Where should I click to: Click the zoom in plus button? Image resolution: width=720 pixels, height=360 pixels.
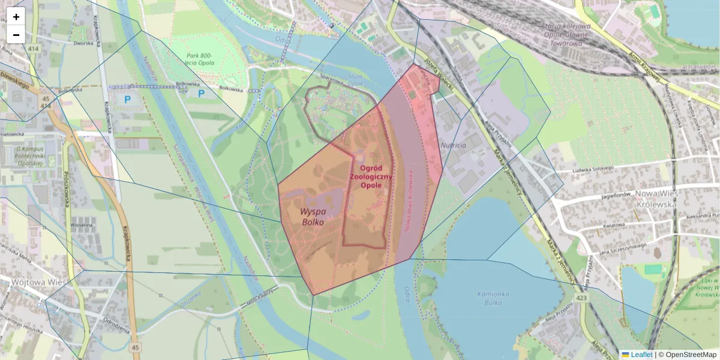pos(16,17)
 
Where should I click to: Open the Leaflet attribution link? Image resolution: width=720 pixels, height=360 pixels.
pos(641,355)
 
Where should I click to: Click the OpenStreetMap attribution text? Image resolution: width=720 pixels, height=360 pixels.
pos(691,355)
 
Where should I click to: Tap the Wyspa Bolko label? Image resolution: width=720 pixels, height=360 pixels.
pos(313,217)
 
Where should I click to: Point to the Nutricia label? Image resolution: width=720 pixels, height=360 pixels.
pos(453,145)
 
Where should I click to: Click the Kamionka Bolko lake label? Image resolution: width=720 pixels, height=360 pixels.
pos(493,298)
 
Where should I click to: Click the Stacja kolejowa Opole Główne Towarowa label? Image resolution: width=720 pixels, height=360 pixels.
pos(566,35)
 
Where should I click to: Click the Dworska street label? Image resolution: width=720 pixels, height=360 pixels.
pos(83,43)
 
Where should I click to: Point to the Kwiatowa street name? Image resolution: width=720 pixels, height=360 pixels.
pos(614,224)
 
